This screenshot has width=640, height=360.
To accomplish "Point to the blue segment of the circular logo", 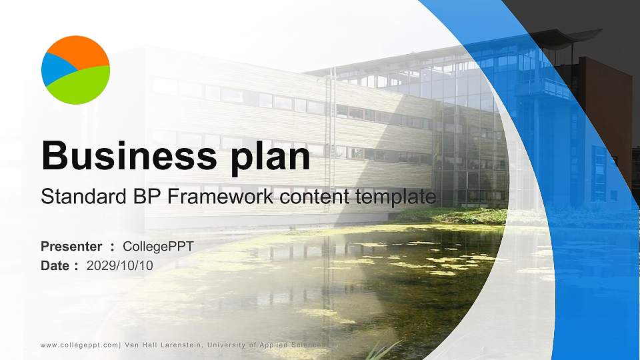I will [53, 70].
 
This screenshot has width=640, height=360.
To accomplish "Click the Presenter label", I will [71, 247].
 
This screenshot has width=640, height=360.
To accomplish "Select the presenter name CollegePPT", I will [158, 247].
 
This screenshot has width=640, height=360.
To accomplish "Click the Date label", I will [55, 265].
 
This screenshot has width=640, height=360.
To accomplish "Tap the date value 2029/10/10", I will [120, 265].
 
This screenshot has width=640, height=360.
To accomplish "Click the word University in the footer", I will [228, 345].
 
